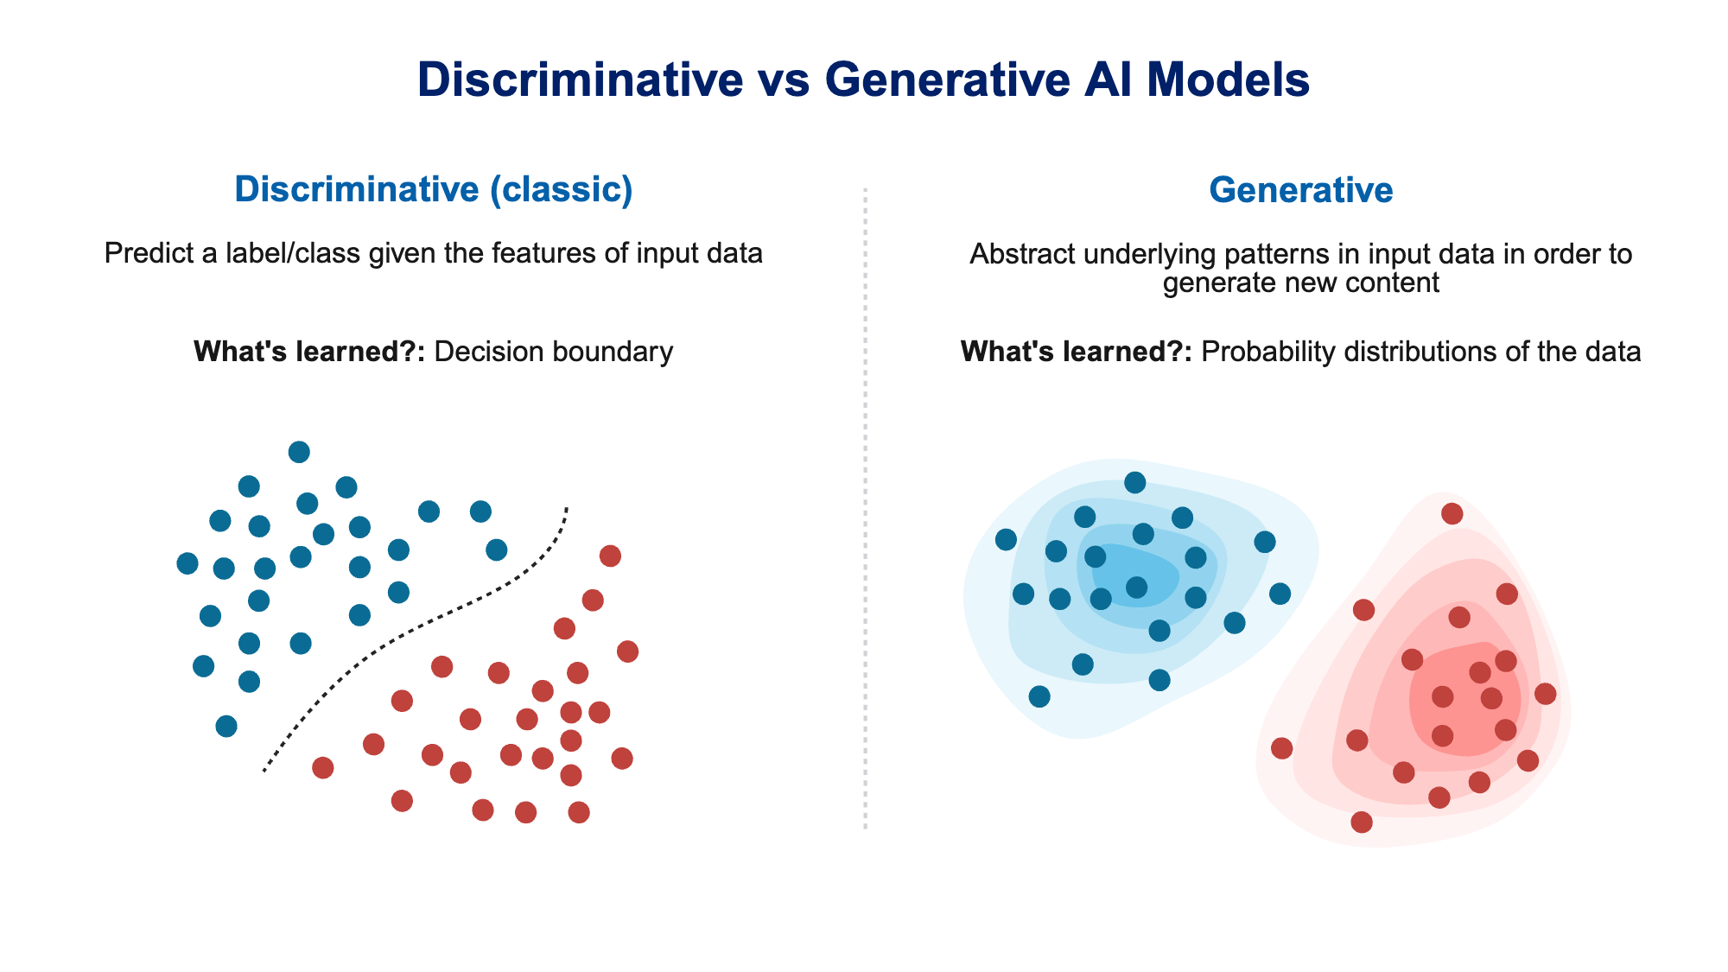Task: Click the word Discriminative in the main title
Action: [x=580, y=79]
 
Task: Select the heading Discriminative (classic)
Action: [x=434, y=189]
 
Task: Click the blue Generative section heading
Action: [x=1300, y=190]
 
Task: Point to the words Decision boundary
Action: [x=553, y=352]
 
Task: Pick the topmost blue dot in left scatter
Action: [x=299, y=452]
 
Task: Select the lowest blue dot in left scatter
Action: [x=226, y=726]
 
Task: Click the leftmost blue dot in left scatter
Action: [x=187, y=563]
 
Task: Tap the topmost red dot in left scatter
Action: [x=610, y=556]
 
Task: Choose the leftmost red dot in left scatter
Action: [x=323, y=767]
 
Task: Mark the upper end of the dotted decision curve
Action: [x=567, y=508]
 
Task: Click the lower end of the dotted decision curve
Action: [x=264, y=770]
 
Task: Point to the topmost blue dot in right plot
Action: [x=1135, y=482]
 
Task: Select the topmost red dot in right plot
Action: [x=1452, y=514]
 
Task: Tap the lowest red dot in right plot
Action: [x=1362, y=822]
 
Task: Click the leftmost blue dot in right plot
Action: [x=1006, y=540]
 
